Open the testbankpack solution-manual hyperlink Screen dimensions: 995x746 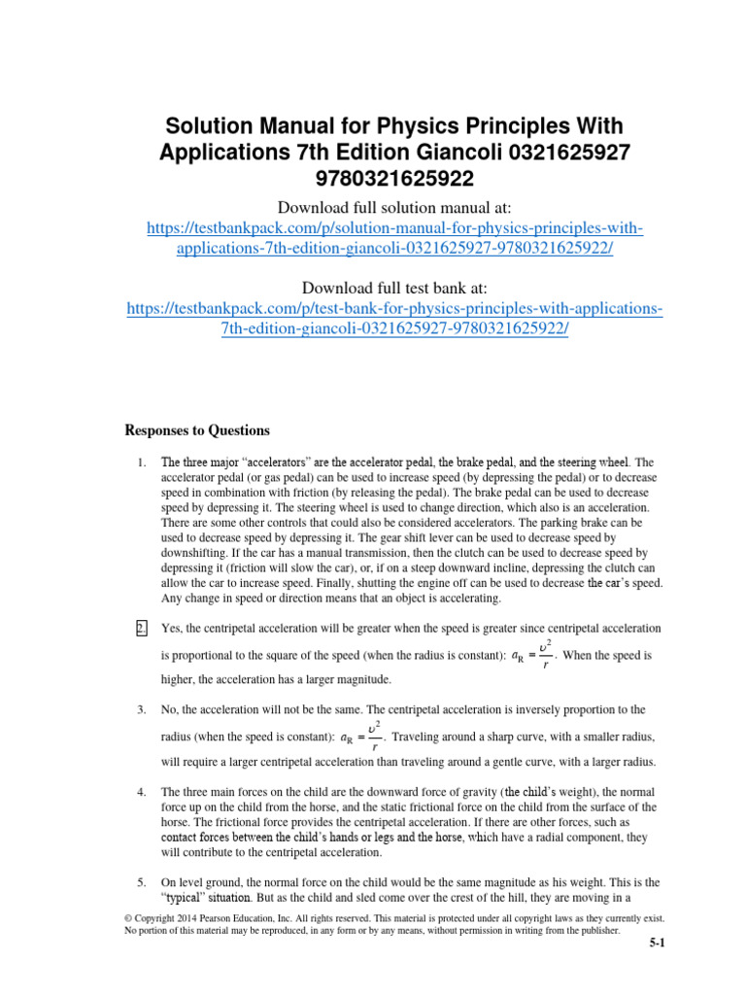point(394,238)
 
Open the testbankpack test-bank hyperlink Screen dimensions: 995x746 point(394,319)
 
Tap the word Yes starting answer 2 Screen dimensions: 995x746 point(172,628)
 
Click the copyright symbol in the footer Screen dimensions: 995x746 point(131,916)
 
